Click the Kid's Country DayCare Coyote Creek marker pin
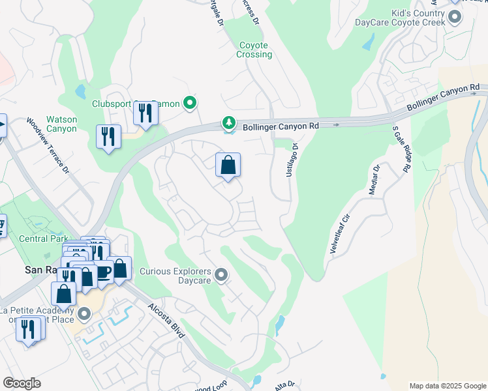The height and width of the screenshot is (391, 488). click(455, 17)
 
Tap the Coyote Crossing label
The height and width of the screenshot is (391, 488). click(254, 50)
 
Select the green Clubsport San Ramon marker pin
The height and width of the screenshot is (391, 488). click(190, 103)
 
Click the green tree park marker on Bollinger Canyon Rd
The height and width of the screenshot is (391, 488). click(229, 123)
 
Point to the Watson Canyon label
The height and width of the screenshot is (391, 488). click(61, 124)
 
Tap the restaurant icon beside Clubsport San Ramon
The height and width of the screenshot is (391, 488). click(145, 114)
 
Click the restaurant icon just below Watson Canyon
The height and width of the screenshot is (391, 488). click(108, 136)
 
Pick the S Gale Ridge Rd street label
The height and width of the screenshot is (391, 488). click(399, 150)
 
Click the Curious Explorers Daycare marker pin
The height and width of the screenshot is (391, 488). click(221, 276)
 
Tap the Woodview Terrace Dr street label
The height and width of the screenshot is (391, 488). click(48, 146)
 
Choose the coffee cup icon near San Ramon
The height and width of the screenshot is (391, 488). click(103, 271)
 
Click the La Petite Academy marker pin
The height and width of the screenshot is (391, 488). click(84, 315)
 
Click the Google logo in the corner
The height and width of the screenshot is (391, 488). click(22, 383)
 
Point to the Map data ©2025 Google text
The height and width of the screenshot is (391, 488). click(447, 386)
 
